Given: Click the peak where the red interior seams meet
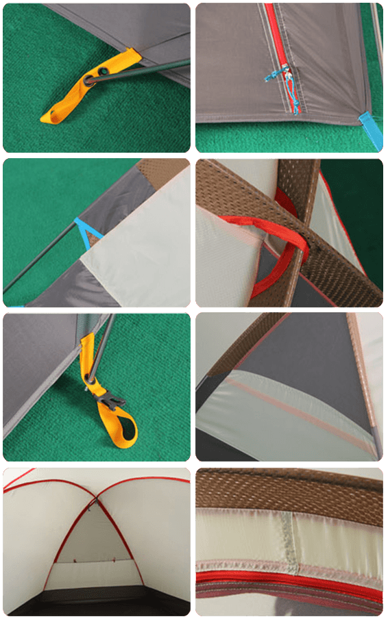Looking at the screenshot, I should coord(98,497).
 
